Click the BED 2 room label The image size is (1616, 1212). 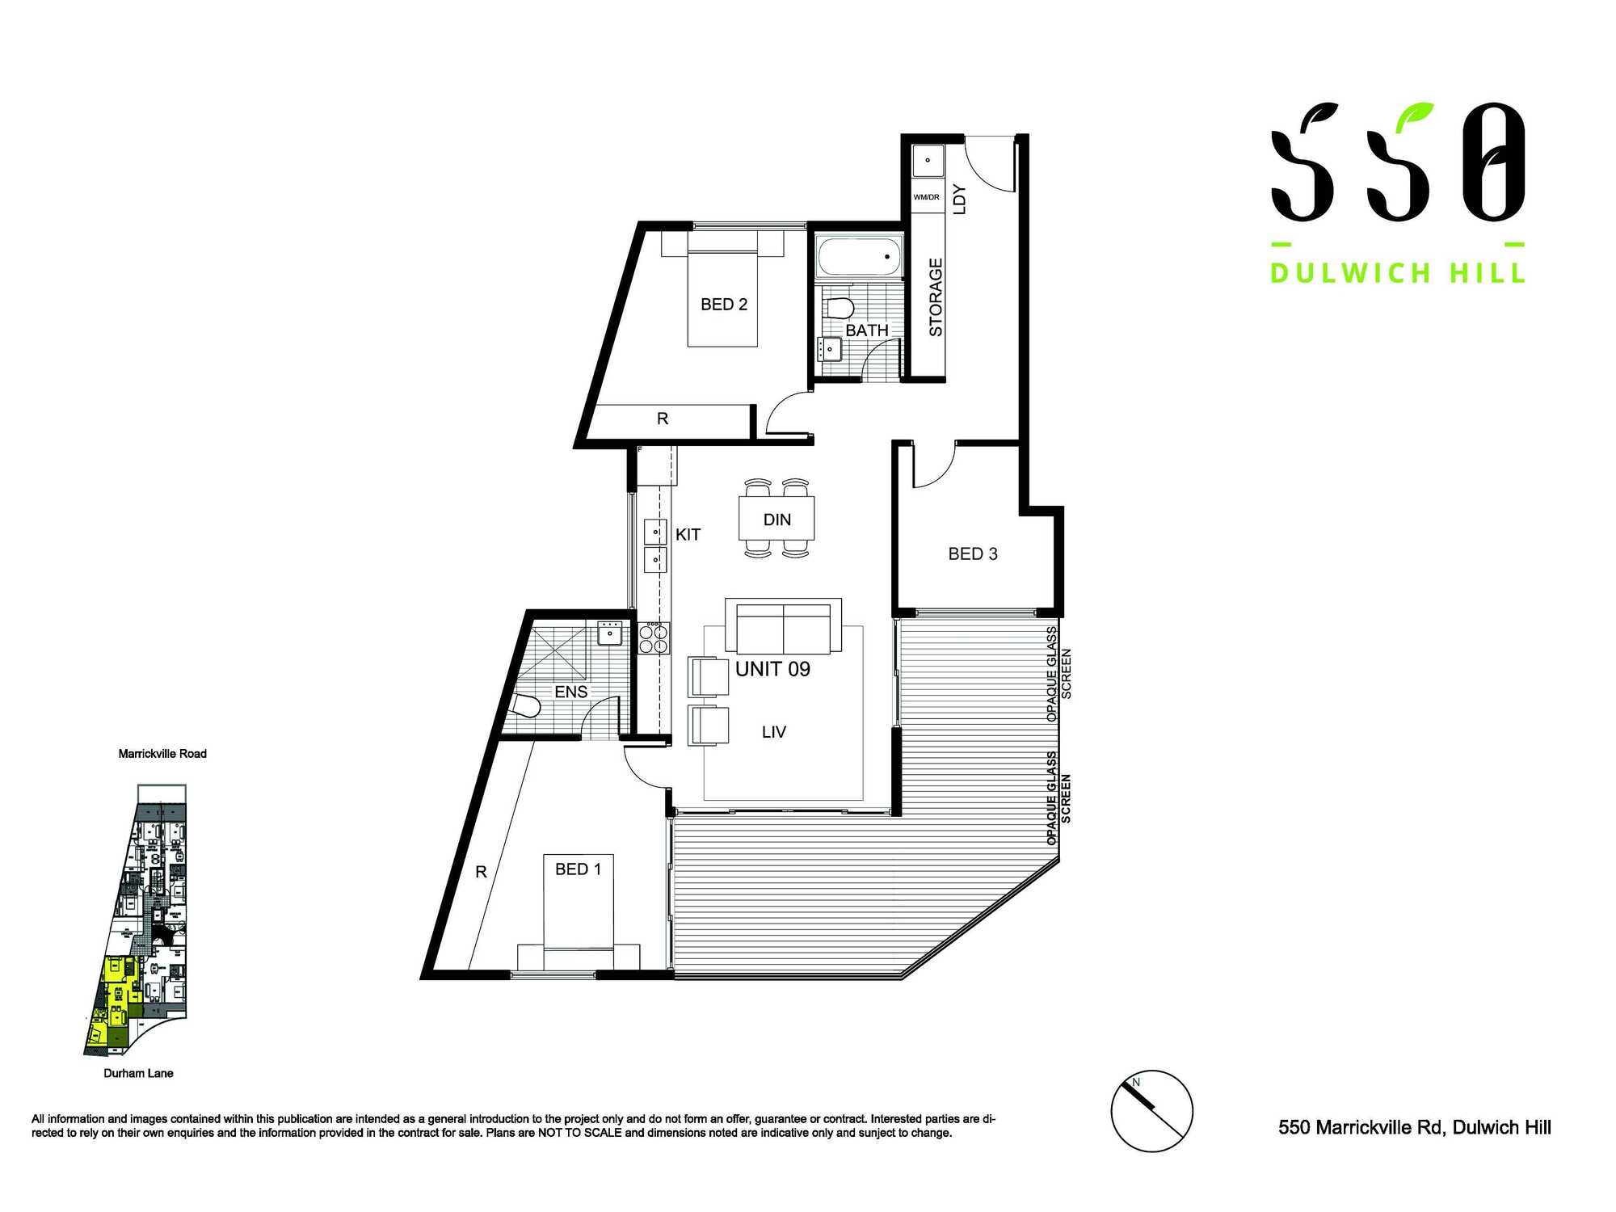click(724, 305)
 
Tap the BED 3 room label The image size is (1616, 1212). click(973, 554)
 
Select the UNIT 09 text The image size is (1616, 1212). click(772, 669)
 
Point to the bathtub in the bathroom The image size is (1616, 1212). click(858, 257)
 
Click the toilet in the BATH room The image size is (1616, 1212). click(840, 308)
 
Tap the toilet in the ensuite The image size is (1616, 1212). click(526, 706)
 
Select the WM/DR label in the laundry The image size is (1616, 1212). click(926, 197)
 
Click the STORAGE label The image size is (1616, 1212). click(936, 297)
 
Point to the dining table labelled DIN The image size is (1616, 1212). click(776, 519)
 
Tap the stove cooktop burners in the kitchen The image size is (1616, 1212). click(654, 638)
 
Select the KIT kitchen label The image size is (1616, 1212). click(688, 535)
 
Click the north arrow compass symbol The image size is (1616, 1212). click(1151, 1111)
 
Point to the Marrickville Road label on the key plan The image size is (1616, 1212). click(162, 754)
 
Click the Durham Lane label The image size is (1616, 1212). click(138, 1073)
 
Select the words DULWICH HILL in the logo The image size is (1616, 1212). click(1397, 273)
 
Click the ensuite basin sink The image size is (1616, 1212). click(610, 633)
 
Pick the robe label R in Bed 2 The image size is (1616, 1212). click(663, 419)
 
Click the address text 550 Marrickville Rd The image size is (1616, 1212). click(1414, 1127)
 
